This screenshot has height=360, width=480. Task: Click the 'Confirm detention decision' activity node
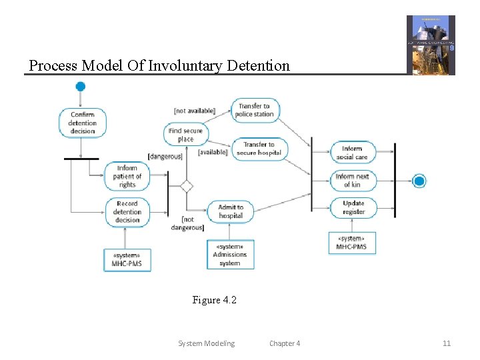click(x=82, y=123)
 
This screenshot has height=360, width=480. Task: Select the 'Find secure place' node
click(x=186, y=135)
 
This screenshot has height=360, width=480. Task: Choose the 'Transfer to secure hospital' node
click(x=259, y=149)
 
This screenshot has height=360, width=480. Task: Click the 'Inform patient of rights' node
click(x=127, y=177)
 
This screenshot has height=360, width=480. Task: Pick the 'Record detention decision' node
click(x=127, y=212)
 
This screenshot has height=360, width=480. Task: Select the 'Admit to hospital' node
click(x=231, y=211)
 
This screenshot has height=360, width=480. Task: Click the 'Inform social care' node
click(x=353, y=153)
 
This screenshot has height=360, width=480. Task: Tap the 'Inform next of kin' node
click(x=353, y=180)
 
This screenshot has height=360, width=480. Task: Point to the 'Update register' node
click(x=353, y=207)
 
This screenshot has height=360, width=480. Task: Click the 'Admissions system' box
click(x=230, y=254)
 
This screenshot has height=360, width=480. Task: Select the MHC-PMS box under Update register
click(x=351, y=243)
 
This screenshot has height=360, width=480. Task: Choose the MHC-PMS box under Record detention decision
click(x=127, y=260)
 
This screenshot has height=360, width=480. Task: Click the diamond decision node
click(x=187, y=186)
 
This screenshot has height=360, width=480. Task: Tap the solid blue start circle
click(x=81, y=87)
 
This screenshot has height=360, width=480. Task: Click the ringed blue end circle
click(x=419, y=181)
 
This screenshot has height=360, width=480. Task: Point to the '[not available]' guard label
click(x=194, y=111)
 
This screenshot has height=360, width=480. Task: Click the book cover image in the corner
click(x=431, y=45)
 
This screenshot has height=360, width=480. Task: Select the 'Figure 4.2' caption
click(x=215, y=300)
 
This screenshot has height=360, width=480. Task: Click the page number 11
click(x=447, y=343)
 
